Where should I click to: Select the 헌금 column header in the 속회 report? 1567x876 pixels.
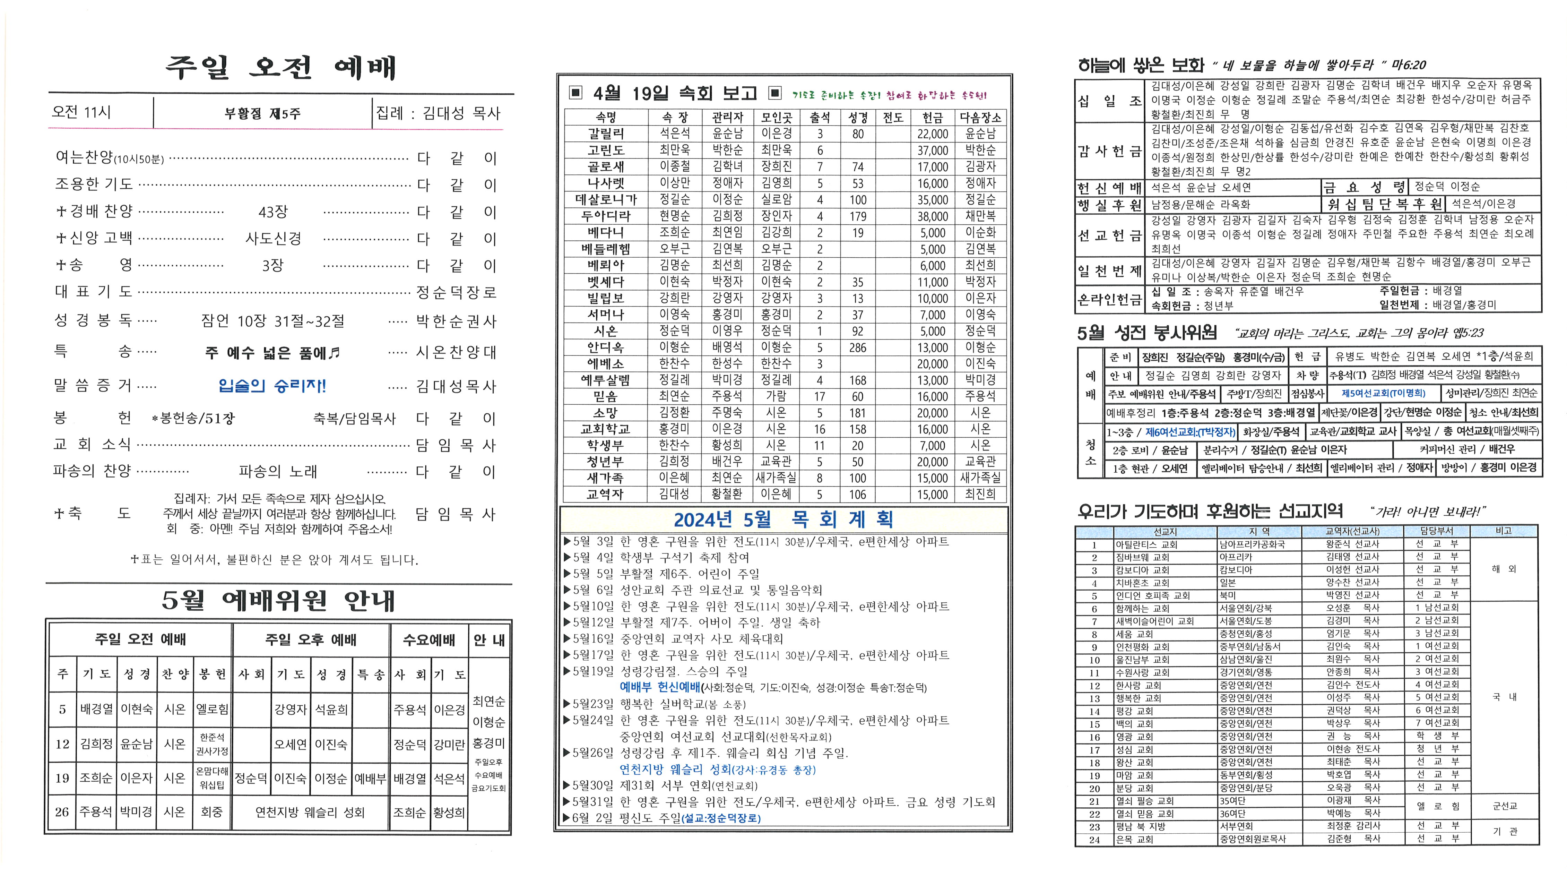932,118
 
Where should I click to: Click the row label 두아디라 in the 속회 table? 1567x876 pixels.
605,216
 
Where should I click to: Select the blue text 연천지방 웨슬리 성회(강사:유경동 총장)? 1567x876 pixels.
717,770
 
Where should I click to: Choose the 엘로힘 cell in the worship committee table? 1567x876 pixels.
212,709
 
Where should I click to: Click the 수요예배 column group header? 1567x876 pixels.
429,640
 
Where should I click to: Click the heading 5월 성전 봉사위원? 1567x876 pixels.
1147,333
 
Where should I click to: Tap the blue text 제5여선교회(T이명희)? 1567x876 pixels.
1382,394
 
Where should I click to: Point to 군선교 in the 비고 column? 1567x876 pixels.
1504,806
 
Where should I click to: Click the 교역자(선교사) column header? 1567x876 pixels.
1352,531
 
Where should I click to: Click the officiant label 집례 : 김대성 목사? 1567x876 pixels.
438,113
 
